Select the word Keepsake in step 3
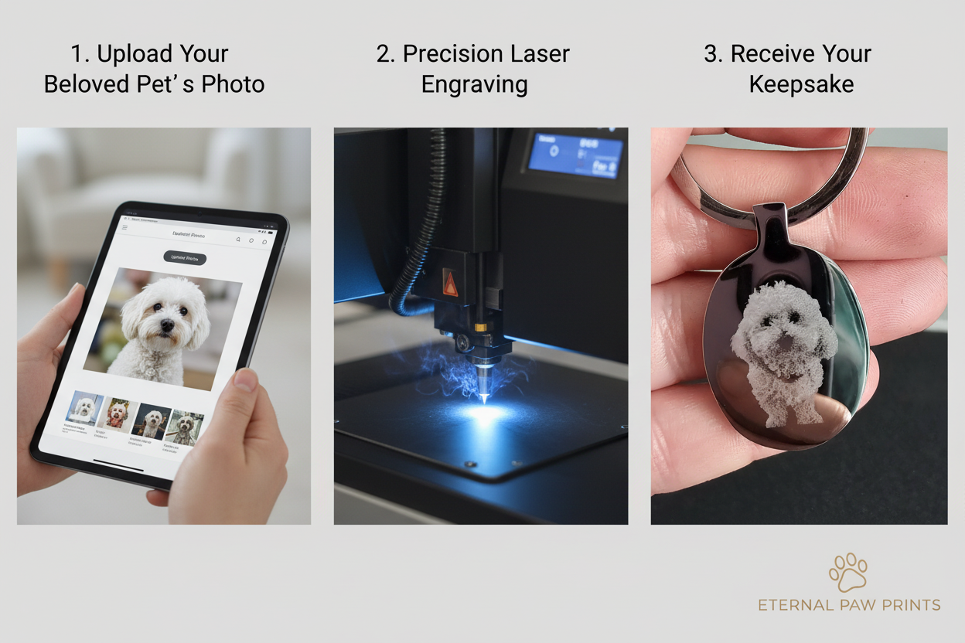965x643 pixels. click(801, 83)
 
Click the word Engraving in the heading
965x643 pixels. click(474, 83)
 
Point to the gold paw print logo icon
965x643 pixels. click(847, 572)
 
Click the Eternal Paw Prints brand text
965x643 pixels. click(848, 605)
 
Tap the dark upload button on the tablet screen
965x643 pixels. click(185, 258)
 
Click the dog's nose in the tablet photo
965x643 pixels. click(166, 328)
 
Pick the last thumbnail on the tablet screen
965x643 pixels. click(185, 427)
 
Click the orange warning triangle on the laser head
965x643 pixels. click(450, 283)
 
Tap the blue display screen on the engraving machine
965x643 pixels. click(575, 155)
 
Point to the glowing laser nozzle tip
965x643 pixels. click(483, 395)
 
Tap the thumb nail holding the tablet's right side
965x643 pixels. click(245, 379)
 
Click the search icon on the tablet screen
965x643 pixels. click(237, 240)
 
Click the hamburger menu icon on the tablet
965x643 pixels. click(125, 227)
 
